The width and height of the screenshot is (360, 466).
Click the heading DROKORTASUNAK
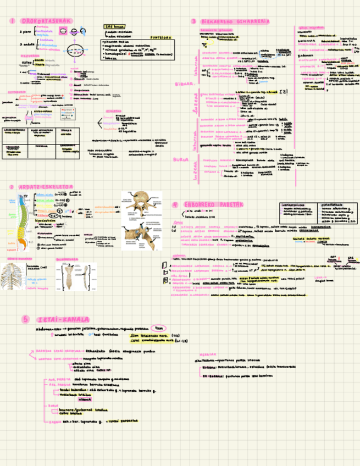pos(46,21)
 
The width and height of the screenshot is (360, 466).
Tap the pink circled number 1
pos(12,21)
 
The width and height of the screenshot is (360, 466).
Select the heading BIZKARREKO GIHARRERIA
pos(236,21)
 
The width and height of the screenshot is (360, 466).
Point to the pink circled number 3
pos(193,21)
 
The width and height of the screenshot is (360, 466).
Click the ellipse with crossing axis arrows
pos(77,49)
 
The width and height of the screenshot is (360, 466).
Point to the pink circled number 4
pos(175,204)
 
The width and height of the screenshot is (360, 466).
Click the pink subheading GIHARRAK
pos(114,110)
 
